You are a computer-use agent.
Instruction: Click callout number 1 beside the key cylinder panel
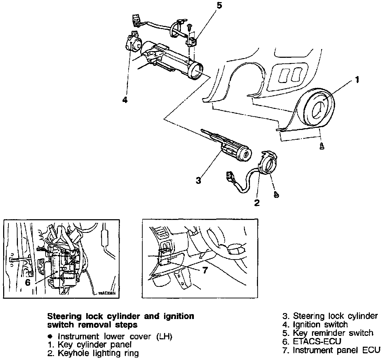[x=357, y=80]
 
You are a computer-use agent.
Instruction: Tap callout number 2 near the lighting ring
[x=257, y=203]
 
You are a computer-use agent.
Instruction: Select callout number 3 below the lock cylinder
[x=198, y=181]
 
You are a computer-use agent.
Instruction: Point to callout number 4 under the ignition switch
[x=125, y=100]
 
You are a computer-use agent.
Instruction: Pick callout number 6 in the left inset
[x=28, y=282]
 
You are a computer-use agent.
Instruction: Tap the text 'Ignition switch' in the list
[x=320, y=325]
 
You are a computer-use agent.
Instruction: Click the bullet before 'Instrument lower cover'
[x=50, y=337]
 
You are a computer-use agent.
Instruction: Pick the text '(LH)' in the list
[x=164, y=337]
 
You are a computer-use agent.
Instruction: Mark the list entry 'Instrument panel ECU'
[x=337, y=350]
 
